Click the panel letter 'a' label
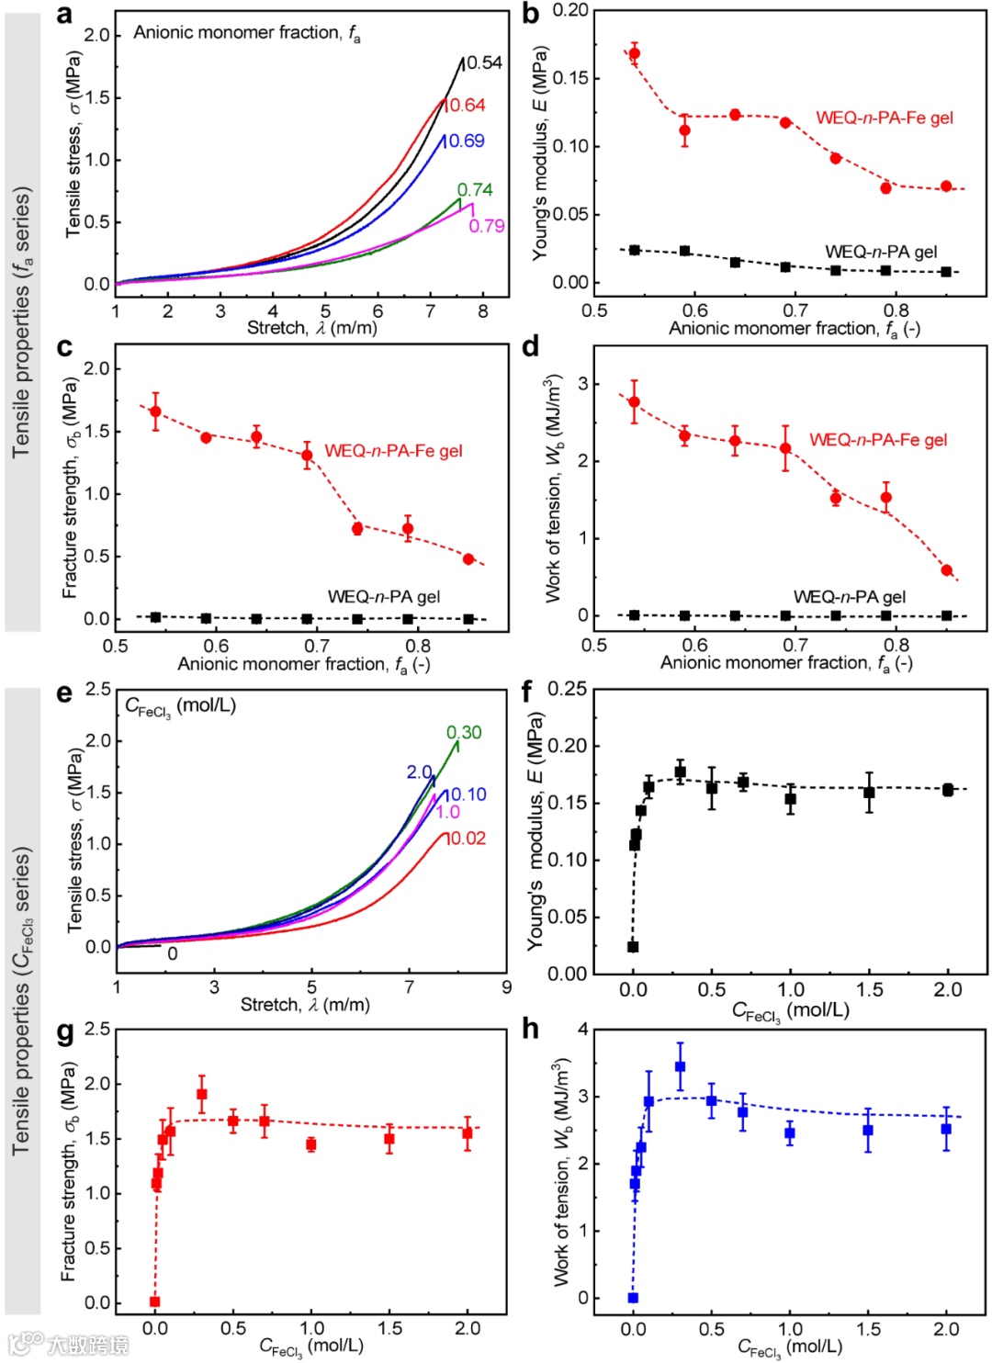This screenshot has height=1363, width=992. [63, 14]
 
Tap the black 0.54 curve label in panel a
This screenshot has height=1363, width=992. [484, 62]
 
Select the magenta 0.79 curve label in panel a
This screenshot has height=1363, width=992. [487, 226]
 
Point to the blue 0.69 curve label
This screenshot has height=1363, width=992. [467, 141]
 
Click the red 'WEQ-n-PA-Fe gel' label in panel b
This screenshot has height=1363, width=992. [884, 118]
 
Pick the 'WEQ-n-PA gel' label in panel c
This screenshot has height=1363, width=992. [383, 597]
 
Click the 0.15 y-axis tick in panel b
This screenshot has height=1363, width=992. [569, 78]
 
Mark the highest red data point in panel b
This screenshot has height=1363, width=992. [634, 53]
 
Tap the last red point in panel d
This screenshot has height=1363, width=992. [947, 570]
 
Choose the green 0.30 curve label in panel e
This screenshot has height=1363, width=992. [464, 732]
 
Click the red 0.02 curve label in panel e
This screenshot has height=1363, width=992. [467, 839]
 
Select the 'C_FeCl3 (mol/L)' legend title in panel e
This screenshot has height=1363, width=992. [180, 706]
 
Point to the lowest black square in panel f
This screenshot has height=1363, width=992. [633, 947]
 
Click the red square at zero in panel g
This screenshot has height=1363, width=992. [154, 1301]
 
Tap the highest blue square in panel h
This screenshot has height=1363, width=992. [680, 1067]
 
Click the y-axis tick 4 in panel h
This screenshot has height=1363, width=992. [583, 1030]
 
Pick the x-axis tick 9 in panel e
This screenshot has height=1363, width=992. [506, 987]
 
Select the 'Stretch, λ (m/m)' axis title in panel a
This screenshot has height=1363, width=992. [311, 328]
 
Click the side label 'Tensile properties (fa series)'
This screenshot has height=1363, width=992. [22, 321]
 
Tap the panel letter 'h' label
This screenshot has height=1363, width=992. [530, 1029]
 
